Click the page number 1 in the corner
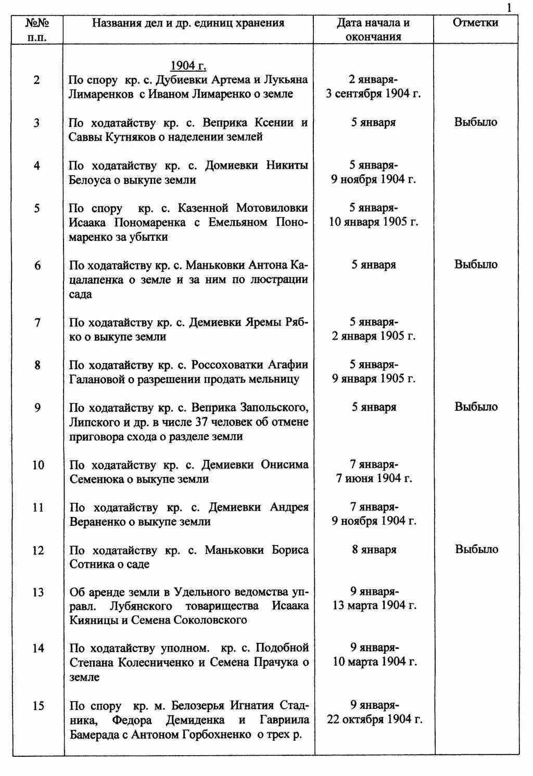point(509,8)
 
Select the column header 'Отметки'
point(475,22)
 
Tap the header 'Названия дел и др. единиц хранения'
point(188,23)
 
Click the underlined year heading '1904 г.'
point(188,66)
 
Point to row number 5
point(37,209)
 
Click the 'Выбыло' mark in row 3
point(476,122)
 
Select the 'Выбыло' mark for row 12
point(477,549)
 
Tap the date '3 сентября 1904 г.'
point(373,94)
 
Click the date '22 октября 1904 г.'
point(374,720)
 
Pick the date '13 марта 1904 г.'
point(374,606)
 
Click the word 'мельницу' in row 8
point(275,379)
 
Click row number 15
point(39,706)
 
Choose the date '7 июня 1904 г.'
point(374,478)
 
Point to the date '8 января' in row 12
point(374,550)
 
